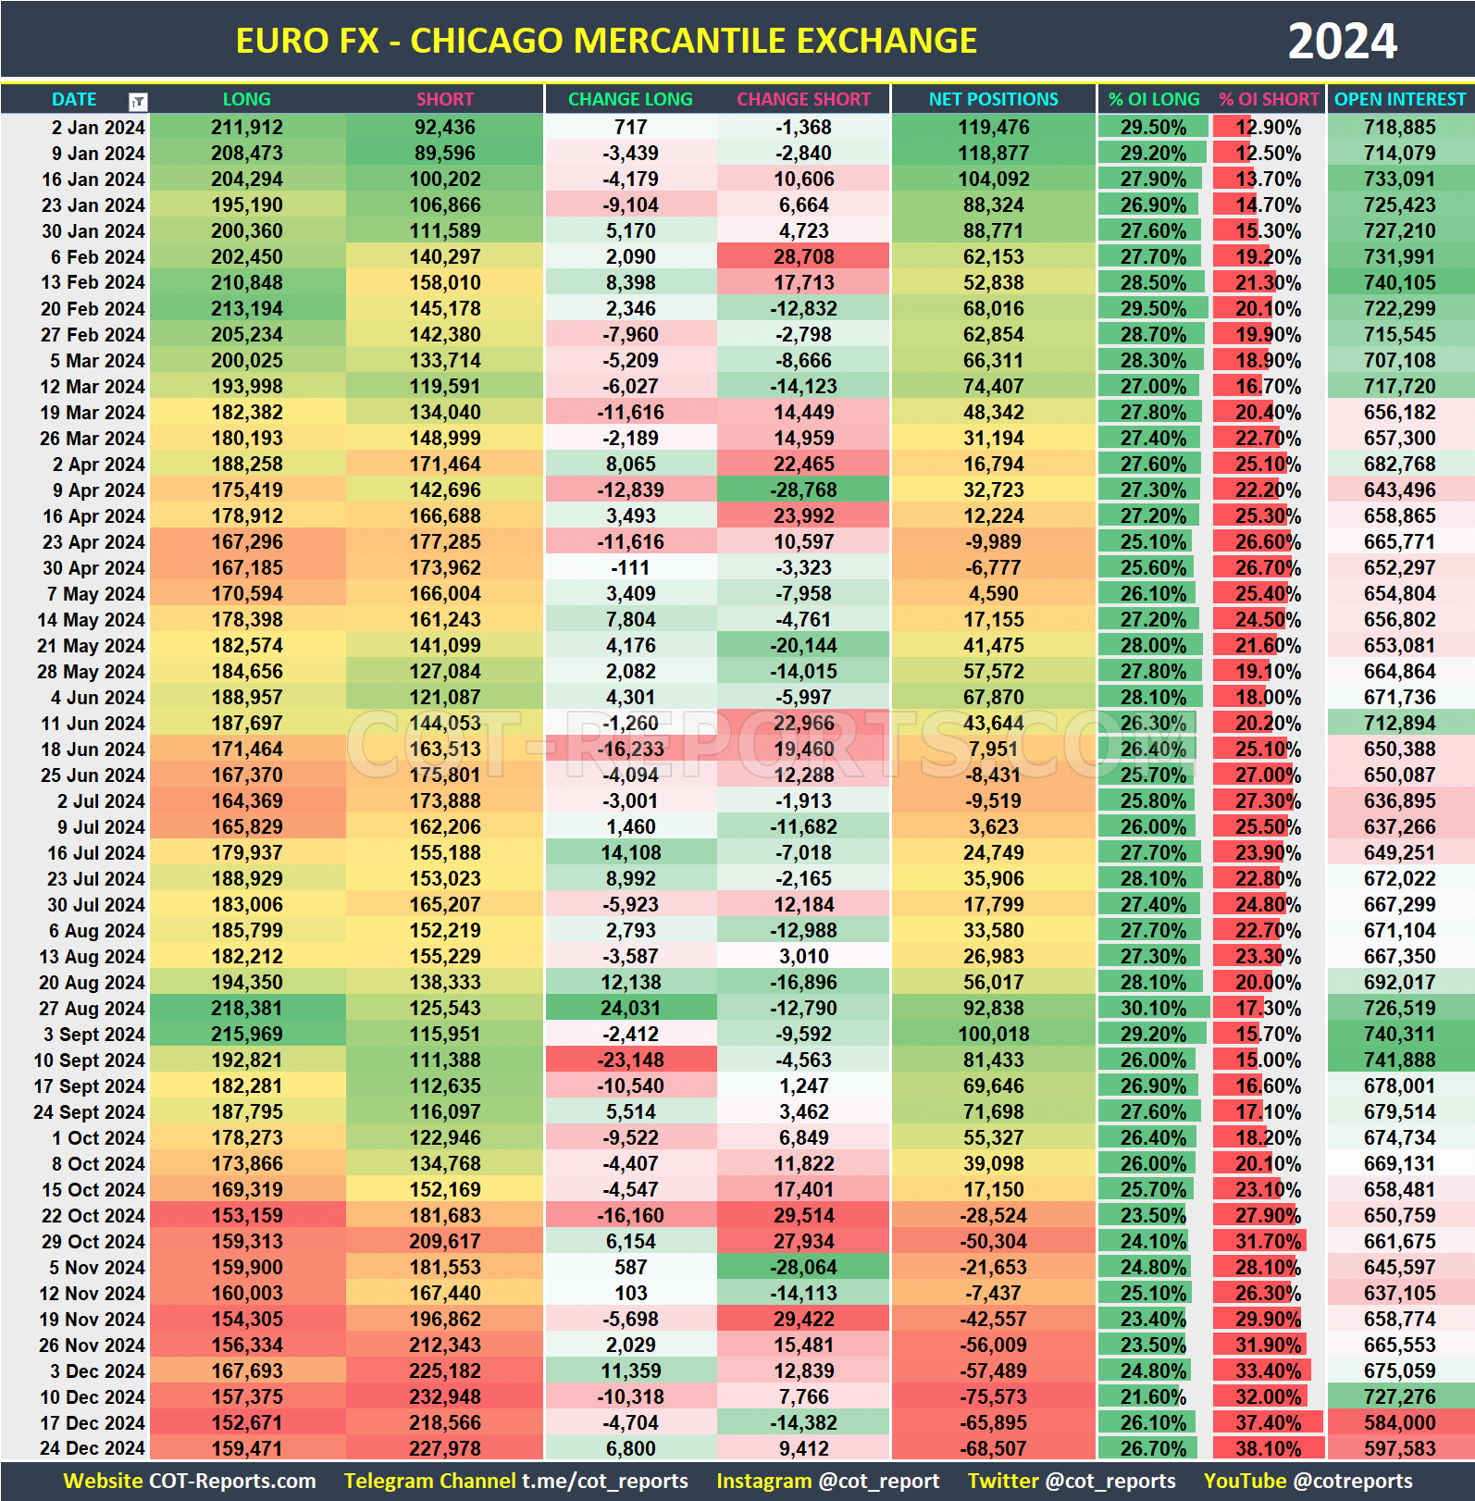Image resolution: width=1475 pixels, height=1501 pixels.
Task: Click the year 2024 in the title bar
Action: point(1342,42)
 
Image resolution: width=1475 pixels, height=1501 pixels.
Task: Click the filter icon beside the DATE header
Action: point(138,101)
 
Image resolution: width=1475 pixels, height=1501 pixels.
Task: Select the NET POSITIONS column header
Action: point(993,99)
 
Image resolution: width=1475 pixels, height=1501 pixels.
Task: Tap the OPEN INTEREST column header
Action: point(1400,99)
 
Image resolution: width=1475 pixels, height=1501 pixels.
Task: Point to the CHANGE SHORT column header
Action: point(803,99)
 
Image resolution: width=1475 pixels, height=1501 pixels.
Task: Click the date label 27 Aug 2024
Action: point(92,1009)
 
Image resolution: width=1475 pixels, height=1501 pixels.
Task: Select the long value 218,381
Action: point(246,1009)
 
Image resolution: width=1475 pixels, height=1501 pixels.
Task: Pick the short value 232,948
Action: point(445,1397)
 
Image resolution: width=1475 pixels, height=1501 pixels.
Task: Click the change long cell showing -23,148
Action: point(630,1061)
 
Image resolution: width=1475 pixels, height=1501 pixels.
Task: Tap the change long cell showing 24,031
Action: point(630,1009)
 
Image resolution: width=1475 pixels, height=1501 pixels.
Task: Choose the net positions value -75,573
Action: point(993,1397)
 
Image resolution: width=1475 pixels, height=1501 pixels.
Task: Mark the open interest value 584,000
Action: point(1399,1423)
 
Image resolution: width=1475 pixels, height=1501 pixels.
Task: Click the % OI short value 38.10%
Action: point(1268,1449)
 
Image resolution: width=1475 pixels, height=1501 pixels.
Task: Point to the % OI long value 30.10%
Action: point(1153,1009)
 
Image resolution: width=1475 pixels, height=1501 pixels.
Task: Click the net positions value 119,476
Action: point(993,128)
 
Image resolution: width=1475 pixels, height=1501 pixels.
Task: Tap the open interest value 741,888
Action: point(1399,1061)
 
